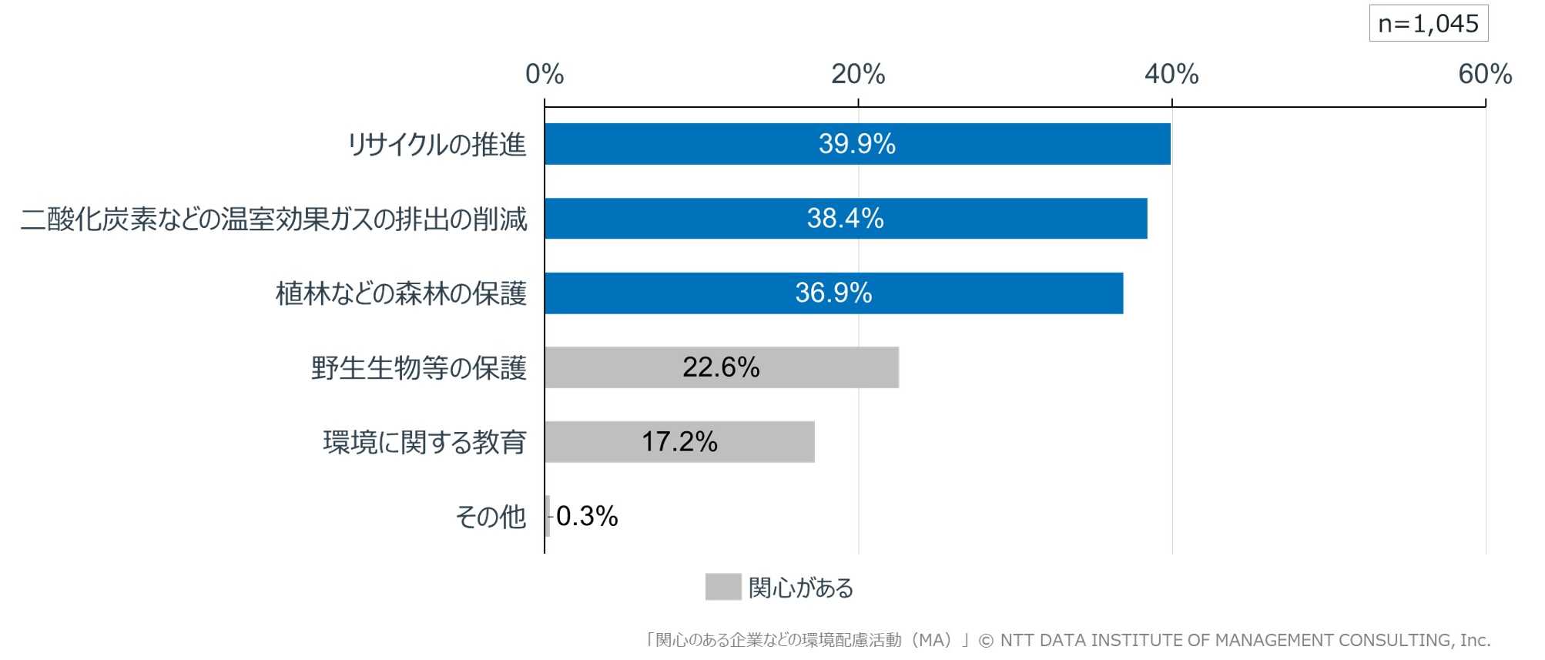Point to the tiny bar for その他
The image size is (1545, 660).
tap(548, 516)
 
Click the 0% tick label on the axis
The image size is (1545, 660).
tap(545, 75)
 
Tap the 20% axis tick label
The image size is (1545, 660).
tap(858, 75)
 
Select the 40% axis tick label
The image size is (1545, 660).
tap(1171, 75)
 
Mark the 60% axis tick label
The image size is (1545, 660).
tap(1485, 75)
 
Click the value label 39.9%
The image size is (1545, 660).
tap(856, 144)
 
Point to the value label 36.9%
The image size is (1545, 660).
tap(833, 293)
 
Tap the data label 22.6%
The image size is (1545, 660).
tap(721, 367)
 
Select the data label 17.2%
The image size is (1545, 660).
tap(679, 442)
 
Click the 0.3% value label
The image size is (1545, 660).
tap(587, 516)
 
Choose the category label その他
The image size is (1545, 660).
tap(491, 517)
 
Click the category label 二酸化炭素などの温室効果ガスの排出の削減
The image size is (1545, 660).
tap(273, 219)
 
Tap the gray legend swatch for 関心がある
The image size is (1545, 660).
tap(722, 587)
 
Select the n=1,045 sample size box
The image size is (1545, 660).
tap(1428, 24)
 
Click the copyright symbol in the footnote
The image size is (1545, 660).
tap(986, 641)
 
